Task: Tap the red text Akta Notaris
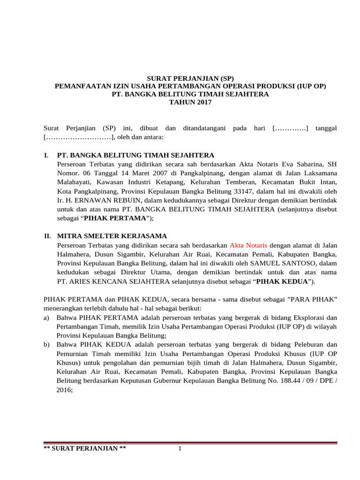coord(248,245)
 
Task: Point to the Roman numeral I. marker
coord(46,155)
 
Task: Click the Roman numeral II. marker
coord(47,236)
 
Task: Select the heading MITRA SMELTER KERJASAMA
coord(112,236)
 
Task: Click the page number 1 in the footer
coord(180,450)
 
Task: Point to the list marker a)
coord(46,317)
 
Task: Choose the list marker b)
coord(46,345)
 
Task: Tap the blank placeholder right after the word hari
coord(290,128)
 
